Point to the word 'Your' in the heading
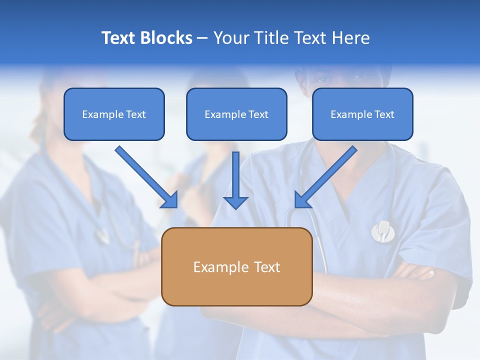[231, 38]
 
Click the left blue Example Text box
[114, 114]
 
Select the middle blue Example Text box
[236, 114]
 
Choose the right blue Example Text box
[362, 114]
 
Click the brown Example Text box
[236, 266]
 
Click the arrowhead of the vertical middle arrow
[235, 202]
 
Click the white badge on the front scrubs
[382, 230]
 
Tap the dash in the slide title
[202, 38]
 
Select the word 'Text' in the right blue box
[384, 114]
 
